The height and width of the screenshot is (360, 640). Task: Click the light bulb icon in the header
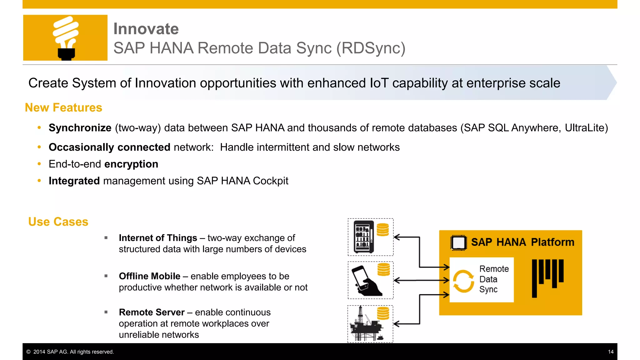tap(66, 38)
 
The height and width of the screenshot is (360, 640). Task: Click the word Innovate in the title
tap(146, 29)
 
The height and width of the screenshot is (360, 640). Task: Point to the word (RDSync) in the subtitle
tap(371, 48)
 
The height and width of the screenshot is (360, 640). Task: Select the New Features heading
tap(63, 107)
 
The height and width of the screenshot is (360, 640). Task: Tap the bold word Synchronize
tap(80, 128)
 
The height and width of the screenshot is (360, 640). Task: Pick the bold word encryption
tap(131, 164)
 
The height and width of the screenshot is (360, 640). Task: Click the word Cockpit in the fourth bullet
tap(271, 181)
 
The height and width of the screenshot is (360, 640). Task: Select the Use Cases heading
tap(58, 222)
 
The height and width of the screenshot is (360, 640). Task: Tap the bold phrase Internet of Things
tap(158, 238)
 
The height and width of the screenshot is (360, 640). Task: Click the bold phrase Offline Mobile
tap(149, 276)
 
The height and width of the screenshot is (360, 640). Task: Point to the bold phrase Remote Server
tap(152, 312)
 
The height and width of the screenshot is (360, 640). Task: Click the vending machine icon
tap(364, 237)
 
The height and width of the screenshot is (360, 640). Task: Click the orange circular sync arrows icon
tap(463, 281)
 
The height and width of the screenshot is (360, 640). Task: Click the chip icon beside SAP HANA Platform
tap(458, 243)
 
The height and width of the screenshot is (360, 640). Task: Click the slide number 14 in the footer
tap(611, 352)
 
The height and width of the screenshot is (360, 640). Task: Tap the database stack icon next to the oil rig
tap(383, 313)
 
